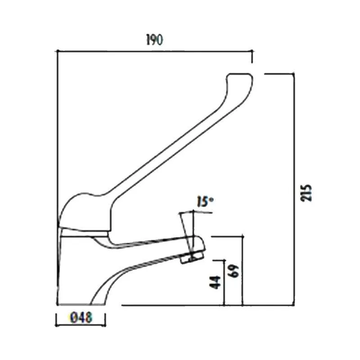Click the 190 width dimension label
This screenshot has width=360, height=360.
point(154,40)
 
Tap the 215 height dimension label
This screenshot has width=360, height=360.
point(307,193)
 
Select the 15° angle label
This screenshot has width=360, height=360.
point(204,202)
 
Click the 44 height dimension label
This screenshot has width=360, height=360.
point(216,283)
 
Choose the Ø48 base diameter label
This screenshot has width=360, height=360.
point(81,318)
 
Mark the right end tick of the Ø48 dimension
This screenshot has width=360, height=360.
point(105,319)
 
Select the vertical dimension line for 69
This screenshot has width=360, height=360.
point(243,270)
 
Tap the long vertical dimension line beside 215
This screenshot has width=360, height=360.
point(294,189)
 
